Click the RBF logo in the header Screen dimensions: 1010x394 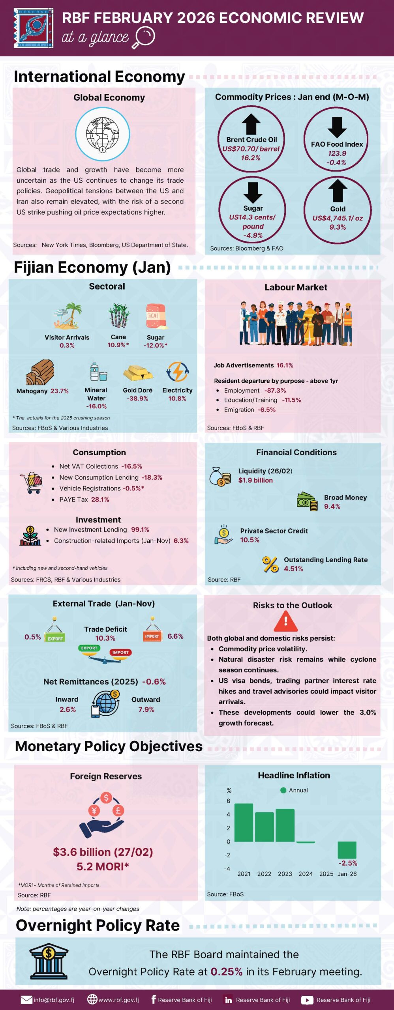coord(34,28)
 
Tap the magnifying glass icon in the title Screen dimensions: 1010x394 coord(144,37)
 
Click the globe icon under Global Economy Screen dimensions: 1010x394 coord(103,134)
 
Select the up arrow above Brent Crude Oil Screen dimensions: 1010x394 coord(251,124)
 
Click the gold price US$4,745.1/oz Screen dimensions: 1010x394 coord(338,218)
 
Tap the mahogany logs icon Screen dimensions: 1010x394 coord(40,372)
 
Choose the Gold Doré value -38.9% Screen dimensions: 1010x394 coord(137,398)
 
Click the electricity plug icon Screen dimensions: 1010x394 coord(178,372)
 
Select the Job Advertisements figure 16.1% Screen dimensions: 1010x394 coord(285,365)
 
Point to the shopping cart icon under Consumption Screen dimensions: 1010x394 coord(32,483)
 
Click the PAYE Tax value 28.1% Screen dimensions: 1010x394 coord(100,499)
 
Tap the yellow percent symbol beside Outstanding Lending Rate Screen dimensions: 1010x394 coord(270,564)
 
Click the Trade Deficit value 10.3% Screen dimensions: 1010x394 coord(105,638)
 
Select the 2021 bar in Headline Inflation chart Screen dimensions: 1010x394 coord(244,823)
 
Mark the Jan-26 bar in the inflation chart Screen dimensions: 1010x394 coord(347,850)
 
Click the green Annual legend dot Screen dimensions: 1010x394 coord(283,790)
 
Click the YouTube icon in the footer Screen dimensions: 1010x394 coord(307,1000)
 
